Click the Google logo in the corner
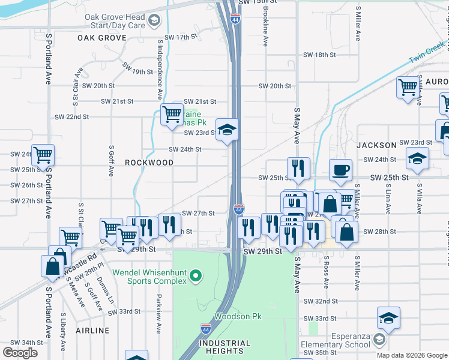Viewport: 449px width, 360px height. pos(20,353)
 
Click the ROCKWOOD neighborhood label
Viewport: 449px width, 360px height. pos(149,163)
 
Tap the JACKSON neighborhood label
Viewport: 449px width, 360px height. pos(376,145)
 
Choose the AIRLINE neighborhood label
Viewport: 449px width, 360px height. pos(93,331)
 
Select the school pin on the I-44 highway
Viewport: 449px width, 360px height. pos(228,130)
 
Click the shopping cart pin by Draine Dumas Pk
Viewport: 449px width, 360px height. pos(172,114)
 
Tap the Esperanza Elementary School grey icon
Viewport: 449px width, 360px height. pos(379,340)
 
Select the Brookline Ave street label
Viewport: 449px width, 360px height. pos(265,29)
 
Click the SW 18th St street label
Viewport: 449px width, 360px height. pos(319,55)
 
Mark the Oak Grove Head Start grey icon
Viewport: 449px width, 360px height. pos(154,22)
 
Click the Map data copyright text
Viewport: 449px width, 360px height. pos(412,355)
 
